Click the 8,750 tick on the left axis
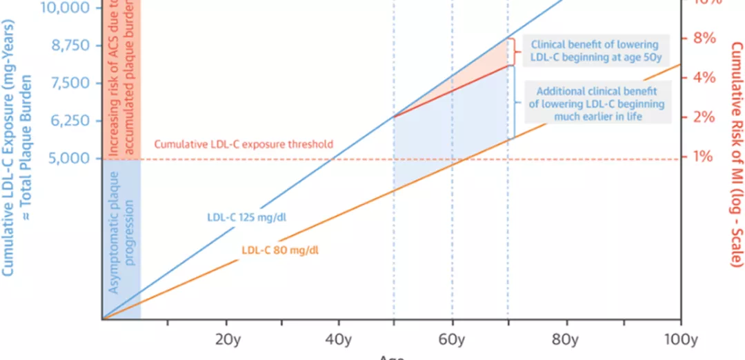click(70, 46)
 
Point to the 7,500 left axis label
click(70, 83)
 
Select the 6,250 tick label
click(70, 121)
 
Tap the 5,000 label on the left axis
click(70, 158)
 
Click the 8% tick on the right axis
click(704, 38)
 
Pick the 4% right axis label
click(704, 77)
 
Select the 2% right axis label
click(704, 117)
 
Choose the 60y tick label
click(452, 339)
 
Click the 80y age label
click(566, 339)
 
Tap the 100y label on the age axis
click(680, 339)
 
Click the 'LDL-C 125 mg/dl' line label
click(247, 217)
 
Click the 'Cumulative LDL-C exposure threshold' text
click(244, 145)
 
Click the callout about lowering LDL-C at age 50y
click(594, 51)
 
